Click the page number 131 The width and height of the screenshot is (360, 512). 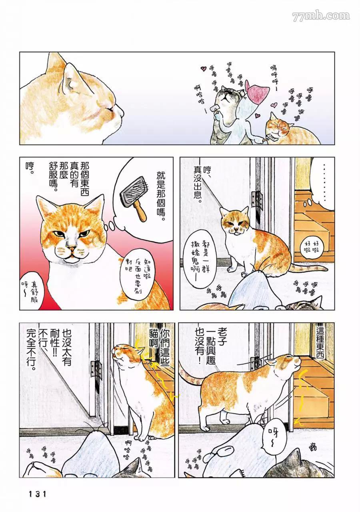38,494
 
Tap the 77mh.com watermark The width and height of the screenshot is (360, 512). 321,16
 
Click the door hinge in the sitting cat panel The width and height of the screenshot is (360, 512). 256,199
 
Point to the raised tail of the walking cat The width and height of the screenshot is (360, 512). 186,374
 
